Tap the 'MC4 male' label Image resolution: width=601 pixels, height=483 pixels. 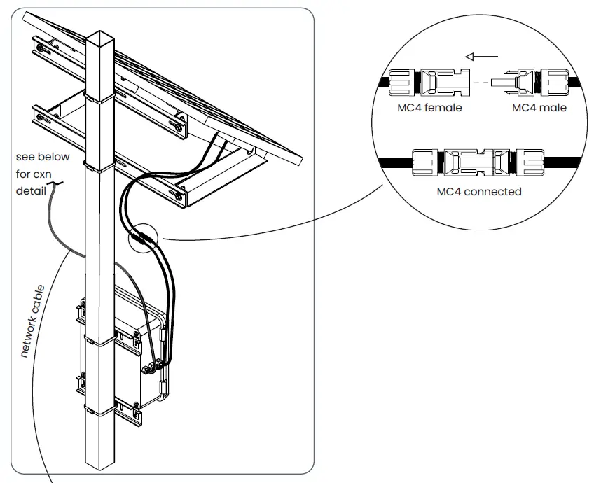pos(539,108)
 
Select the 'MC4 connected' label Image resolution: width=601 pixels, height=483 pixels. pos(479,191)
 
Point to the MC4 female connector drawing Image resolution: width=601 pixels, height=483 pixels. pos(429,82)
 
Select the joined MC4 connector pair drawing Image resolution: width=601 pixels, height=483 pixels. pos(478,162)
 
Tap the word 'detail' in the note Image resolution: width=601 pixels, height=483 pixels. pos(31,190)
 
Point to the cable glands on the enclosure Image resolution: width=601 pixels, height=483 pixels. pos(156,365)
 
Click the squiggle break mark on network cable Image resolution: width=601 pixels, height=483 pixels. pos(55,186)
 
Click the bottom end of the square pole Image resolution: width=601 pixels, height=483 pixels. pos(100,465)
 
